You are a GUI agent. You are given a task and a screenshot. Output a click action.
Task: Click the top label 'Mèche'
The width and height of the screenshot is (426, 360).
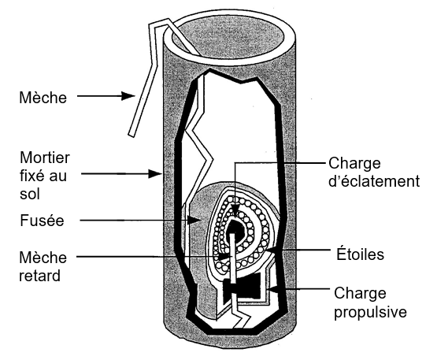(43, 97)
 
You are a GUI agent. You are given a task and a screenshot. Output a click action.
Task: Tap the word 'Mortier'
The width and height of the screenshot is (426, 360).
(45, 158)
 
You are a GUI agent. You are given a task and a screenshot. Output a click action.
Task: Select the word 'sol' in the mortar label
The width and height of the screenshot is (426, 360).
(30, 194)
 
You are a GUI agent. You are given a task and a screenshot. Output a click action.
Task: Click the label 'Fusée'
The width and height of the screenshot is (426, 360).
(42, 220)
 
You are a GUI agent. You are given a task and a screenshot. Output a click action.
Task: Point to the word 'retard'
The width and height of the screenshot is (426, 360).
(39, 276)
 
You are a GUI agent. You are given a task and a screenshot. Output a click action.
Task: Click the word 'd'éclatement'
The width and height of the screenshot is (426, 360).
(374, 181)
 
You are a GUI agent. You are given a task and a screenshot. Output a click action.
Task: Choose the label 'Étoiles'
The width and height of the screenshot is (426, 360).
(361, 254)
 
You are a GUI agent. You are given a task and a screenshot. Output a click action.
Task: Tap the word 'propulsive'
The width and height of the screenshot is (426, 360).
(370, 312)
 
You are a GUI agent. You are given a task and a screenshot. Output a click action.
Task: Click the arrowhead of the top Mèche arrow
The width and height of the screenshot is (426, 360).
(128, 95)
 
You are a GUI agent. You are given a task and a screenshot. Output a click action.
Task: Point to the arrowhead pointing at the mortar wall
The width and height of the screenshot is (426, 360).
(155, 173)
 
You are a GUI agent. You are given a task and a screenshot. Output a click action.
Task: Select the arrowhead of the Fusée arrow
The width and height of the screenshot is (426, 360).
(194, 220)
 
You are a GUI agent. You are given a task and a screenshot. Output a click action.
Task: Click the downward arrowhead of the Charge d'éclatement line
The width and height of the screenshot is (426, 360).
(235, 211)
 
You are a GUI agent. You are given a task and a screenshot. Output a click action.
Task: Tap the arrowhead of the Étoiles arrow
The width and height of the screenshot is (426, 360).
(272, 250)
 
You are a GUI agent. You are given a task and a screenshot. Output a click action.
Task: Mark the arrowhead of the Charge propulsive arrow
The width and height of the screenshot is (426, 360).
(272, 290)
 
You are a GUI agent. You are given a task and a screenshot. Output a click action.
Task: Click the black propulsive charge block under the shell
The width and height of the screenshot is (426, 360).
(242, 288)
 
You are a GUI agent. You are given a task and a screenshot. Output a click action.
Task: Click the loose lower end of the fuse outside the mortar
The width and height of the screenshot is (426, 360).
(132, 134)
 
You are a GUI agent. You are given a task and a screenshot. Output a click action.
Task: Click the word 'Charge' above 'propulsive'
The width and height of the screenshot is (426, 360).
(360, 293)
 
